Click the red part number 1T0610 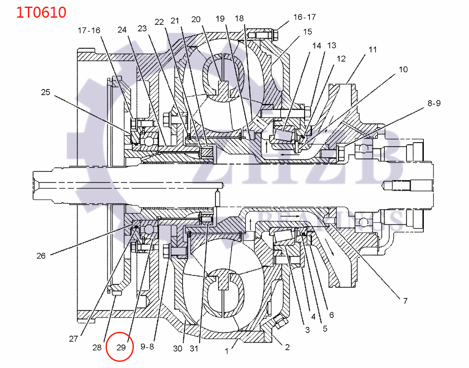[x=41, y=12]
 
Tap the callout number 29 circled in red [x=121, y=348]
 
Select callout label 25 [x=46, y=92]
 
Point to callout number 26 [x=41, y=256]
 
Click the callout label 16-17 [x=305, y=17]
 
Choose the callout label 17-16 [x=89, y=30]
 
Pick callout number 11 [x=372, y=49]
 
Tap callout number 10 [x=403, y=70]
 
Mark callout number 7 [x=405, y=301]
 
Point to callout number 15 [x=307, y=31]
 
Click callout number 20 [x=196, y=19]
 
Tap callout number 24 [x=122, y=30]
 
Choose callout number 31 [x=194, y=348]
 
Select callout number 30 [x=177, y=348]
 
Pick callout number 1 [x=227, y=351]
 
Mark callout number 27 [x=73, y=339]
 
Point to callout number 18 [x=239, y=18]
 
